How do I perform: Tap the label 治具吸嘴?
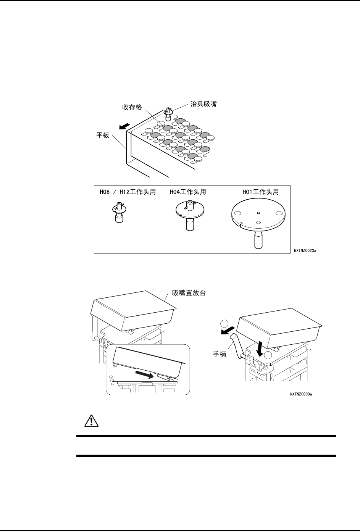click(203, 103)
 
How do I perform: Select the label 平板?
click(103, 136)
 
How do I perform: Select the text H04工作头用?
click(187, 192)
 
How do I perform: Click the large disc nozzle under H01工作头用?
click(258, 220)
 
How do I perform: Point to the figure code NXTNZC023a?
click(305, 251)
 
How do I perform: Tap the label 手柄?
click(220, 355)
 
